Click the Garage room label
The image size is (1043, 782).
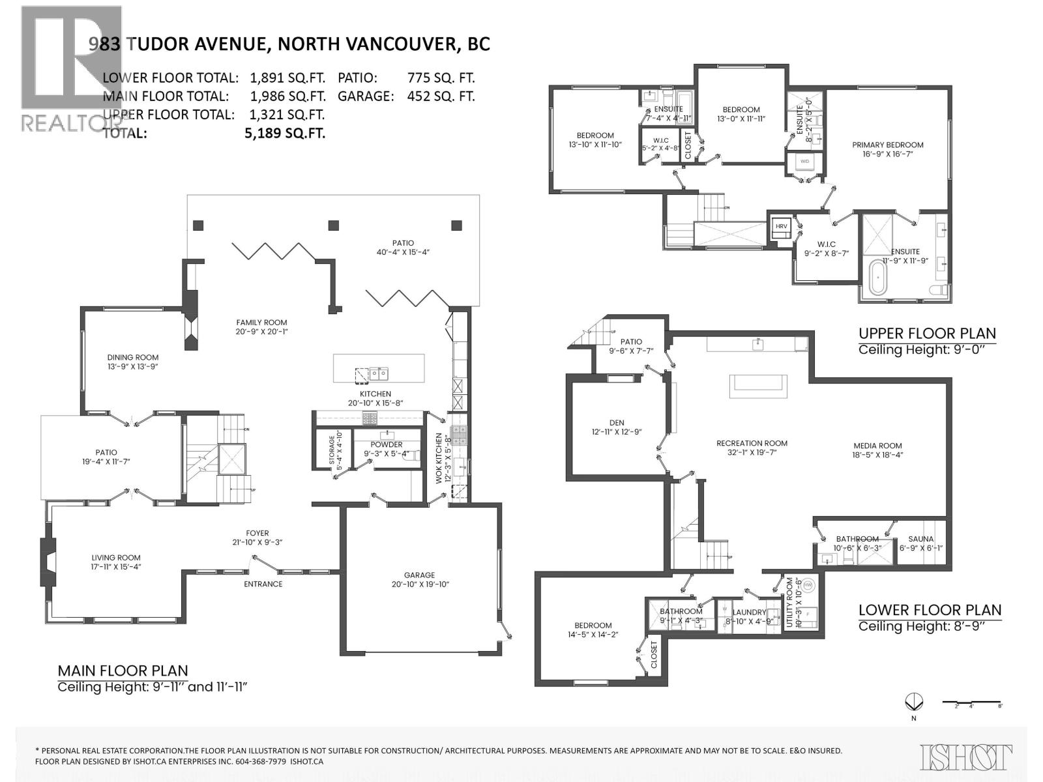[x=419, y=575]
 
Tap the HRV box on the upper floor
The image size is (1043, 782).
[x=781, y=226]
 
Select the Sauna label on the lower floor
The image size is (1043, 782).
[x=920, y=539]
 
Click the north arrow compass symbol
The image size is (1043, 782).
[x=914, y=702]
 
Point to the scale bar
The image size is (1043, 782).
[x=972, y=702]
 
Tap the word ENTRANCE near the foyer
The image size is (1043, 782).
[x=263, y=584]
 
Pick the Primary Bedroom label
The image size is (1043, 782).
[x=888, y=145]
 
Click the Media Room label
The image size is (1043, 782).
[x=877, y=446]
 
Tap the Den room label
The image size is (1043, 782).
[x=617, y=422]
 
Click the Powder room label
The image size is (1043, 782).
[x=387, y=444]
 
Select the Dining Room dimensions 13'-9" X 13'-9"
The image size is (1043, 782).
[x=133, y=367]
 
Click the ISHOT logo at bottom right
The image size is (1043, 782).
[x=966, y=757]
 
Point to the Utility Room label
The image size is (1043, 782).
[x=790, y=603]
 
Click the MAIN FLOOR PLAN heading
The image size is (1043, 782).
[x=123, y=671]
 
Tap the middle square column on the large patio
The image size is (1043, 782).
[x=334, y=225]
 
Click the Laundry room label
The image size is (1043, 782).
[x=749, y=612]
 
